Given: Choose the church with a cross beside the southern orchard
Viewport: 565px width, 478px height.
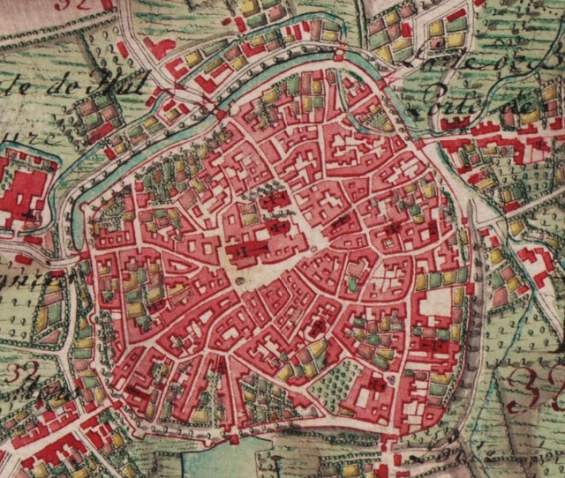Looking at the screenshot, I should [x=374, y=385].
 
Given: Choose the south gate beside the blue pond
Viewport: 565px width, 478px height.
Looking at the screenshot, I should [x=234, y=437].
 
